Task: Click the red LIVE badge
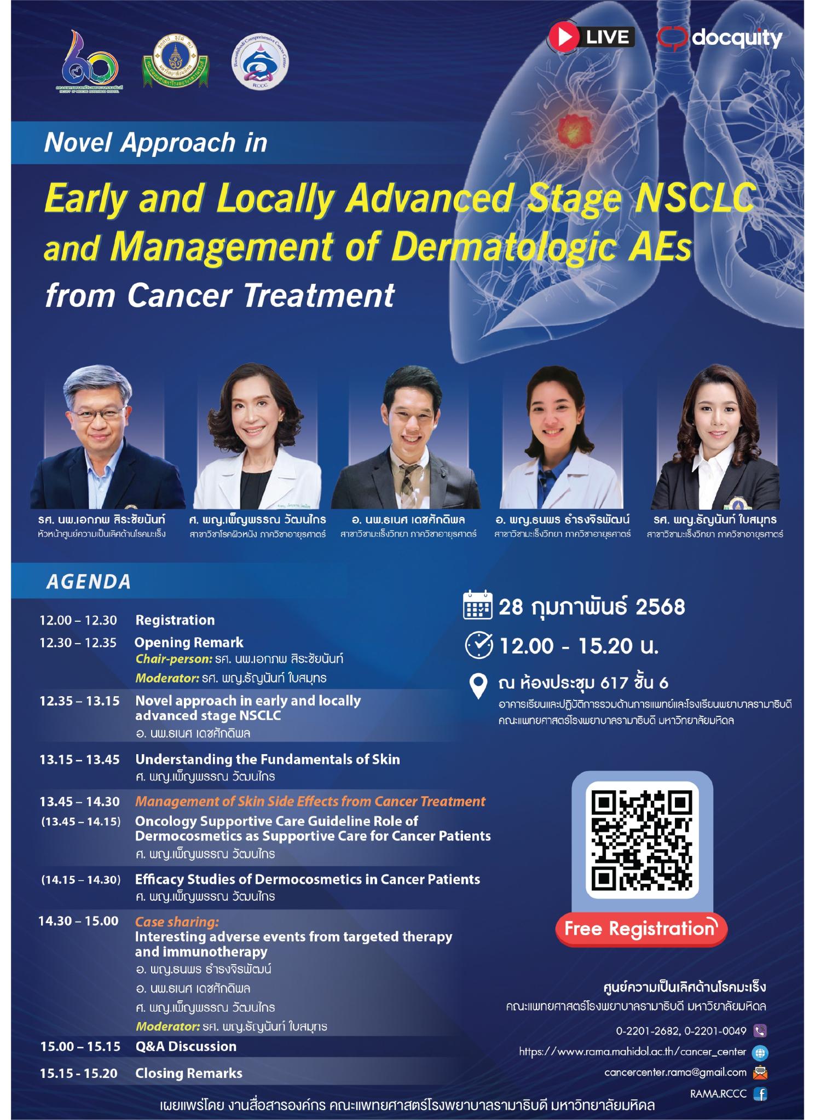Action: tap(591, 37)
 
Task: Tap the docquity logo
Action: tap(719, 38)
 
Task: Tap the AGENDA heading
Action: tap(89, 581)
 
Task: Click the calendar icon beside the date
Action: tap(477, 607)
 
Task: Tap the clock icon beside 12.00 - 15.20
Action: tap(478, 646)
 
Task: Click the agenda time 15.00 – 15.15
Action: tap(80, 1046)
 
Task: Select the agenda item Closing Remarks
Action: tap(189, 1073)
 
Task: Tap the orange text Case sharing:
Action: tap(177, 921)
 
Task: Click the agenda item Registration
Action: tap(175, 620)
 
